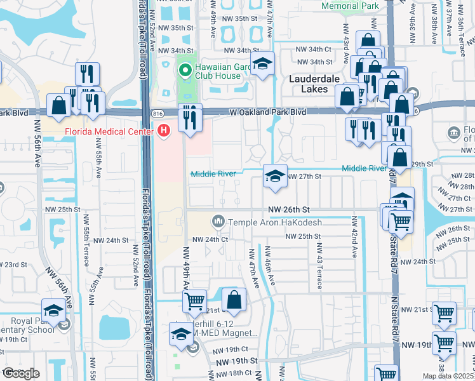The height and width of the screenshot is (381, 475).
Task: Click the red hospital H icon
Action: pos(164,131)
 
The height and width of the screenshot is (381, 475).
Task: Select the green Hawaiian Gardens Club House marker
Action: pos(185,70)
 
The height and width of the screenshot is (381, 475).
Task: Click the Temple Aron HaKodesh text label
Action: pos(275,222)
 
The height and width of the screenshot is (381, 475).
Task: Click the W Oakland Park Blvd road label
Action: pos(267,112)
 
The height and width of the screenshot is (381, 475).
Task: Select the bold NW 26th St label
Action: pos(288,209)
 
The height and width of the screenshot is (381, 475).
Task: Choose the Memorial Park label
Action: pos(351,6)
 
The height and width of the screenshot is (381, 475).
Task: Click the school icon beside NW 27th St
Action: pos(274,176)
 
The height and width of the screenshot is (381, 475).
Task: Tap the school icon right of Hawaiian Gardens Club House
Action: pos(262,63)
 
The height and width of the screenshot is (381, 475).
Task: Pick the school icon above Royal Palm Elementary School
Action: pos(54,311)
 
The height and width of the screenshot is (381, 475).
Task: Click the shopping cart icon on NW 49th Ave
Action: pos(195,300)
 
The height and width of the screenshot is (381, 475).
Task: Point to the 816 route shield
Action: pos(157,112)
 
